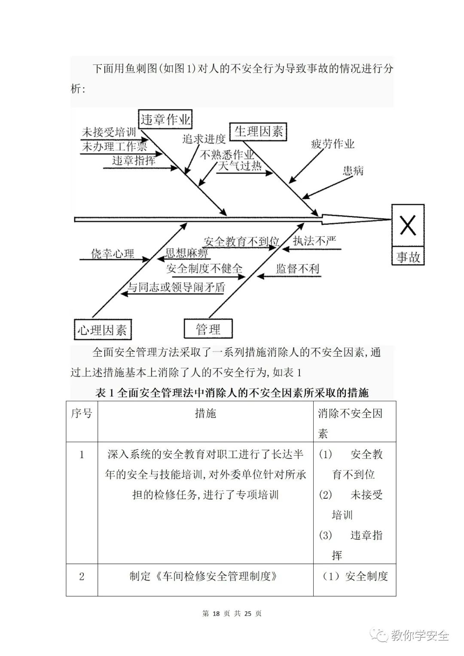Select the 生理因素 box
pyautogui.click(x=258, y=131)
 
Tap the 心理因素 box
pyautogui.click(x=103, y=330)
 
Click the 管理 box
pyautogui.click(x=208, y=329)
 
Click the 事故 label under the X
pyautogui.click(x=408, y=257)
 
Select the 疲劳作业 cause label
pyautogui.click(x=333, y=144)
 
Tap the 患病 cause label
pyautogui.click(x=353, y=171)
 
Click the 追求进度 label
pyautogui.click(x=204, y=138)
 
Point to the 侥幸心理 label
pyautogui.click(x=113, y=253)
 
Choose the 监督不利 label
pyautogui.click(x=298, y=269)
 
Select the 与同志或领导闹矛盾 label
pyautogui.click(x=176, y=287)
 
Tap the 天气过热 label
pyautogui.click(x=240, y=166)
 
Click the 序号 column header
pyautogui.click(x=82, y=414)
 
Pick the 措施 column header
pyautogui.click(x=205, y=414)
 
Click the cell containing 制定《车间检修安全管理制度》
pyautogui.click(x=204, y=576)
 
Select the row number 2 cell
pyautogui.click(x=82, y=576)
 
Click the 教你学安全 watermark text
pyautogui.click(x=419, y=635)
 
